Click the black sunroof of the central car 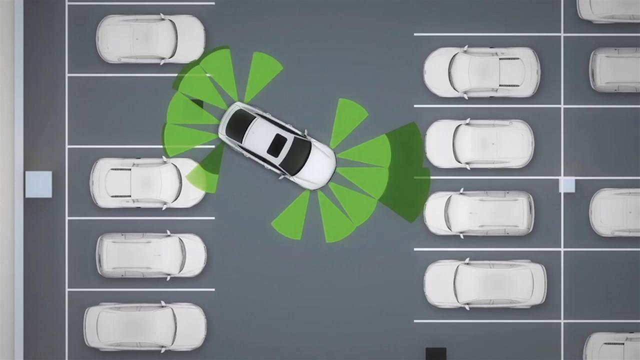coord(276,145)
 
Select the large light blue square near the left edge coord(38,184)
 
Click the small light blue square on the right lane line coord(566,185)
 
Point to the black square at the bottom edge coord(435,353)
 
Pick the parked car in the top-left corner coord(150,39)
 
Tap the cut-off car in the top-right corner coord(608,10)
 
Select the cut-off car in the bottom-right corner coord(611,346)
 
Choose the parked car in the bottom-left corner coord(145,326)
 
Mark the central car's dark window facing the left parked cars coord(239,125)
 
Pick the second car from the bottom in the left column coord(151,255)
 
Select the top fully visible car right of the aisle coord(481,72)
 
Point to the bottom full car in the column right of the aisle coord(485,283)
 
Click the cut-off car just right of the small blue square coord(614,212)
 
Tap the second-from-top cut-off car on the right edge coord(614,69)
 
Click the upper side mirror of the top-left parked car coord(162,16)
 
